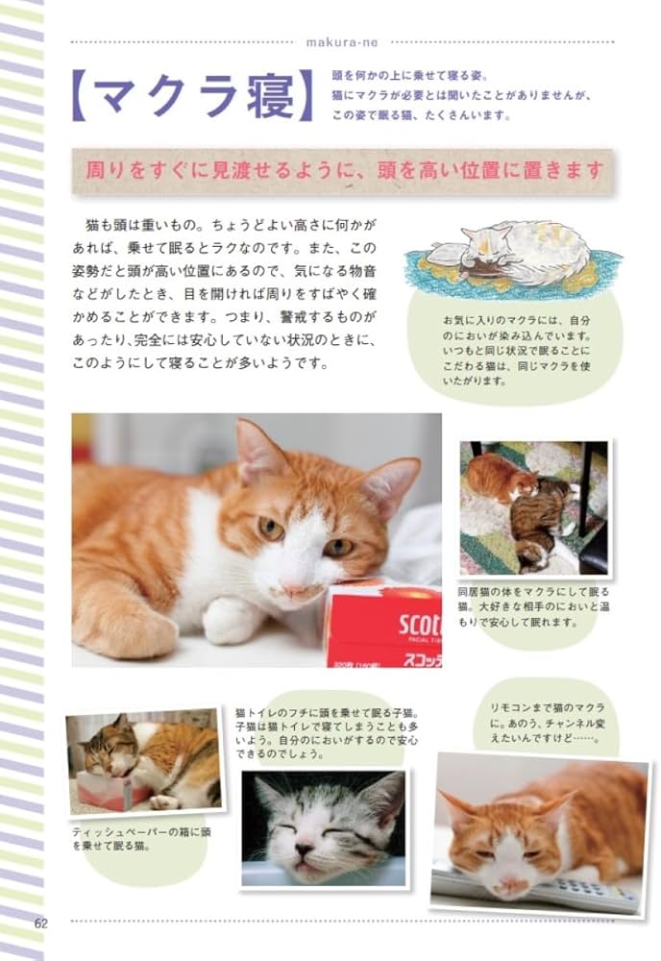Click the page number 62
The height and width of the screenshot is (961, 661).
pos(40,923)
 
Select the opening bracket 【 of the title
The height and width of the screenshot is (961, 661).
pos(84,97)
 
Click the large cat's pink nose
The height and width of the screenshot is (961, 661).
pos(294,588)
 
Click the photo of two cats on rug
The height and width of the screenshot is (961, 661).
pos(533,507)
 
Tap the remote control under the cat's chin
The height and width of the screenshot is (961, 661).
pos(538,889)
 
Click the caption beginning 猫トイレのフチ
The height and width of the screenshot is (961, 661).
pos(325,733)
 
